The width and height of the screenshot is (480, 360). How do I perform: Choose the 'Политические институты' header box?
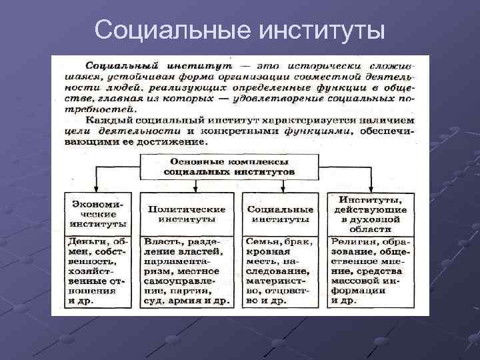187,214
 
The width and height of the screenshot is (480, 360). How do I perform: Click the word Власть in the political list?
163,242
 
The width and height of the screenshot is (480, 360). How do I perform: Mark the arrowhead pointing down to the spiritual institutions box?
370,190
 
